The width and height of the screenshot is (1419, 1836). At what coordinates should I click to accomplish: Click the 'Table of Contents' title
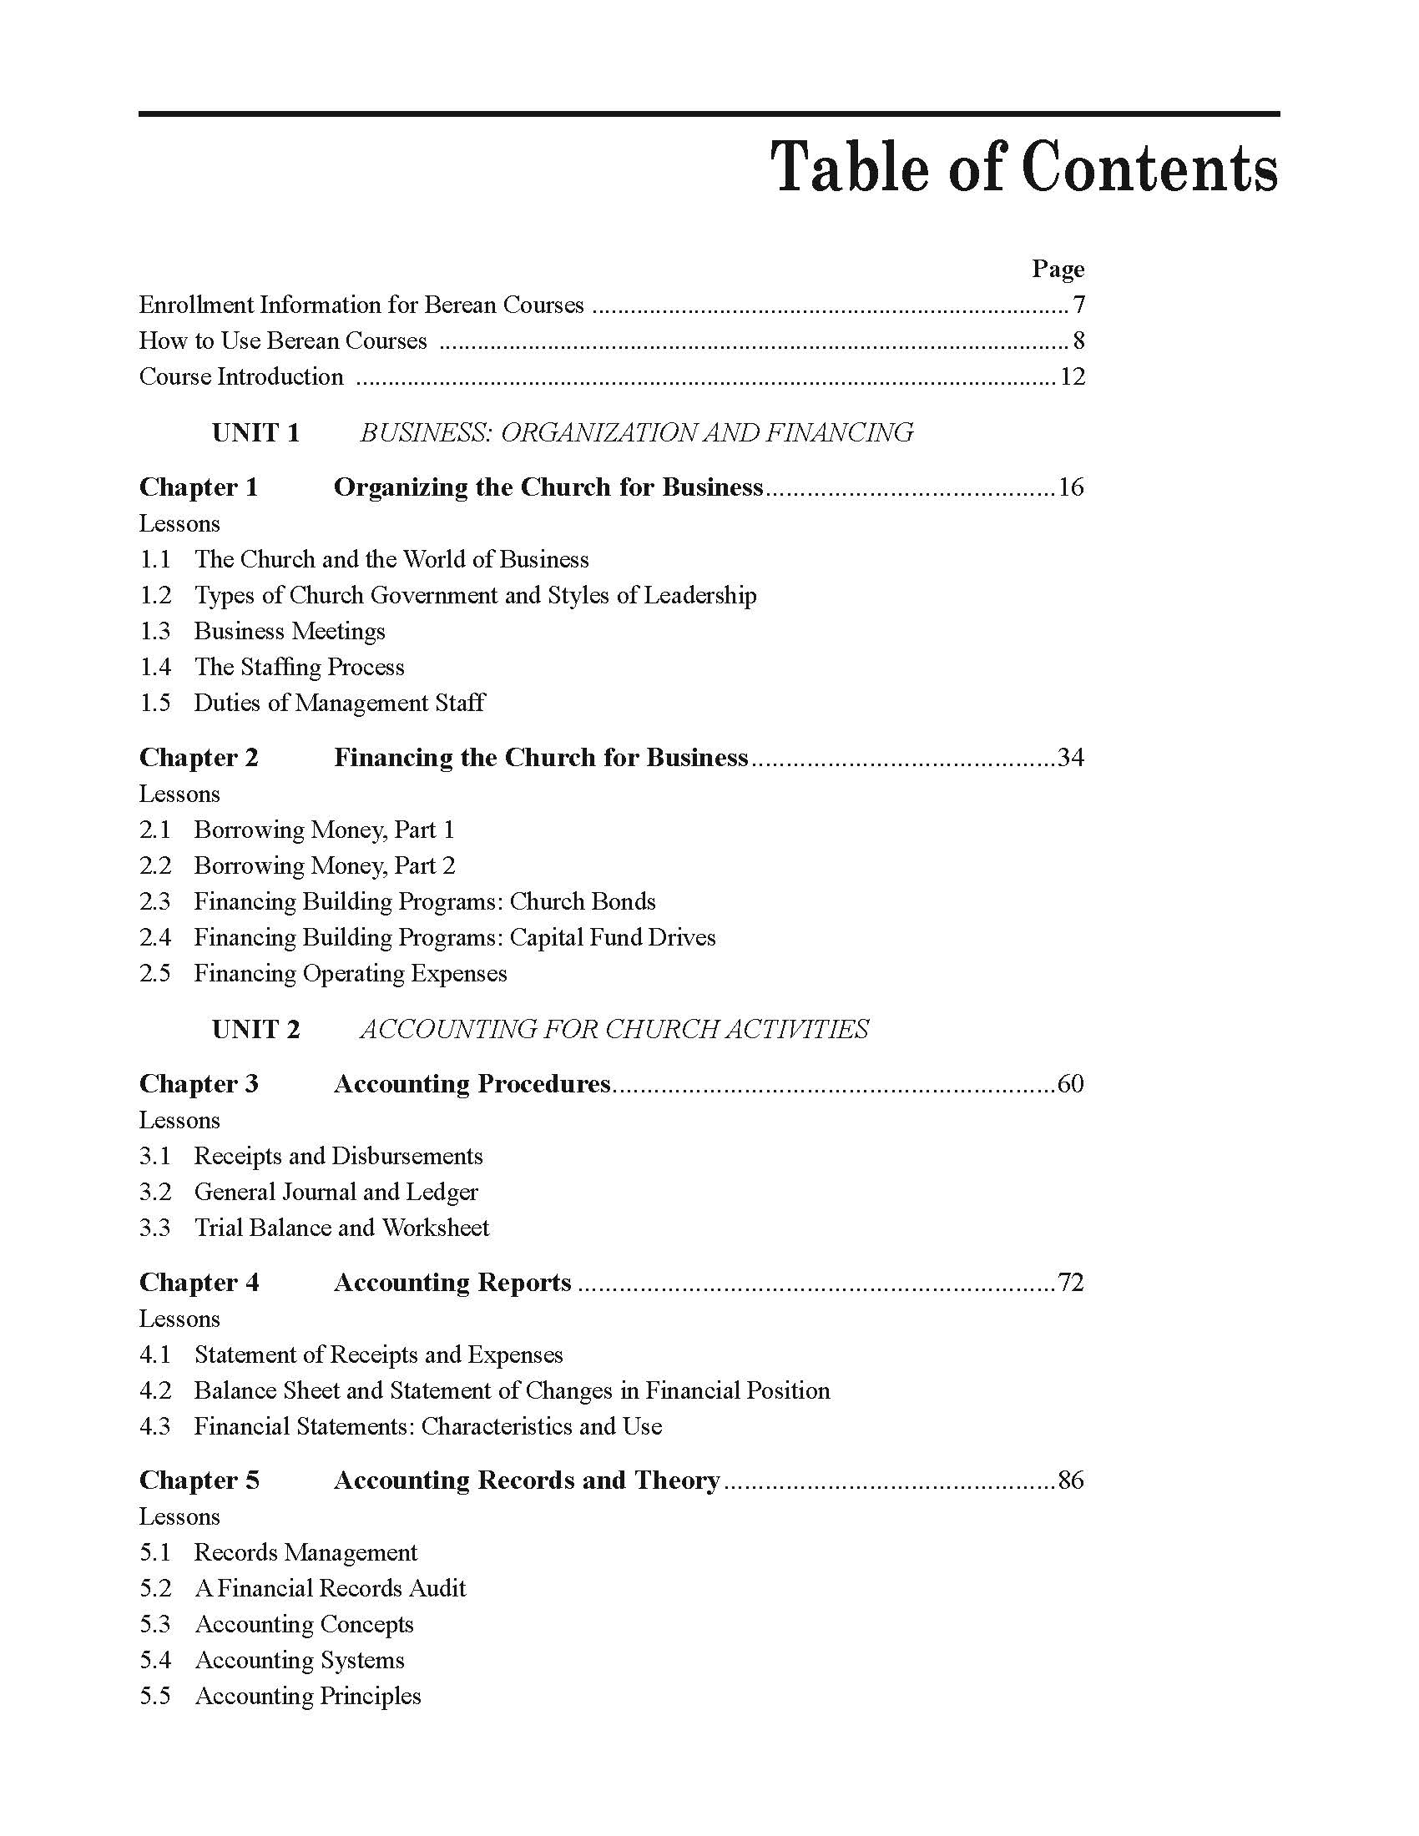(1024, 166)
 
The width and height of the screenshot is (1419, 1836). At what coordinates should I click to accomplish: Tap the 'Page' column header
(1058, 269)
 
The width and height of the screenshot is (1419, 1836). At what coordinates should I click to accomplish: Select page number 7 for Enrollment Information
(1078, 305)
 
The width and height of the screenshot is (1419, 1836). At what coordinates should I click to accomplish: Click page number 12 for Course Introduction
(1072, 376)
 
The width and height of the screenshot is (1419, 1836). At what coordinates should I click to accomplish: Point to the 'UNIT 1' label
(255, 433)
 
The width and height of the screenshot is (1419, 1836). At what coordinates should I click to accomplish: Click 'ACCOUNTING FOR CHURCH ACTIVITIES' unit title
(614, 1029)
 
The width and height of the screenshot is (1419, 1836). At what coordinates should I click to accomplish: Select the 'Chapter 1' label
(199, 487)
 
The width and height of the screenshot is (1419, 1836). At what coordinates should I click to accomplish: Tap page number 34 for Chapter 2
(1070, 759)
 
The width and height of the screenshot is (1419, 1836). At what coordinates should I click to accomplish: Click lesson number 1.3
(155, 632)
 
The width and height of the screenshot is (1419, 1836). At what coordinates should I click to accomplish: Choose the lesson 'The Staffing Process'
(300, 668)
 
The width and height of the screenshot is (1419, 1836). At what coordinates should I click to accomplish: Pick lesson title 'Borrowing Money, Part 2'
(325, 866)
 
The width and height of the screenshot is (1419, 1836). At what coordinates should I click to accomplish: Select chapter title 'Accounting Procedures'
(472, 1084)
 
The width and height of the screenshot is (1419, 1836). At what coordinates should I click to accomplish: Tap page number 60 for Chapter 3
(1070, 1084)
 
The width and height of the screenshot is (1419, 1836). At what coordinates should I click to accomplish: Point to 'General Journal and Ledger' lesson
(336, 1192)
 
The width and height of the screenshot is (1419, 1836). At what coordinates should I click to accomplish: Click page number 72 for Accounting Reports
(1070, 1283)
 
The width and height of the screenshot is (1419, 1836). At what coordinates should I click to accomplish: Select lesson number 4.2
(155, 1390)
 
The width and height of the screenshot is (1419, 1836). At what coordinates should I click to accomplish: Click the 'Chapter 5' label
(199, 1480)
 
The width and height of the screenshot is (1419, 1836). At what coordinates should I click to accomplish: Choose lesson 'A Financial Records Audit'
(331, 1588)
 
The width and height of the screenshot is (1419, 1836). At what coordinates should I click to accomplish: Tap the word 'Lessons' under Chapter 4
(179, 1319)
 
